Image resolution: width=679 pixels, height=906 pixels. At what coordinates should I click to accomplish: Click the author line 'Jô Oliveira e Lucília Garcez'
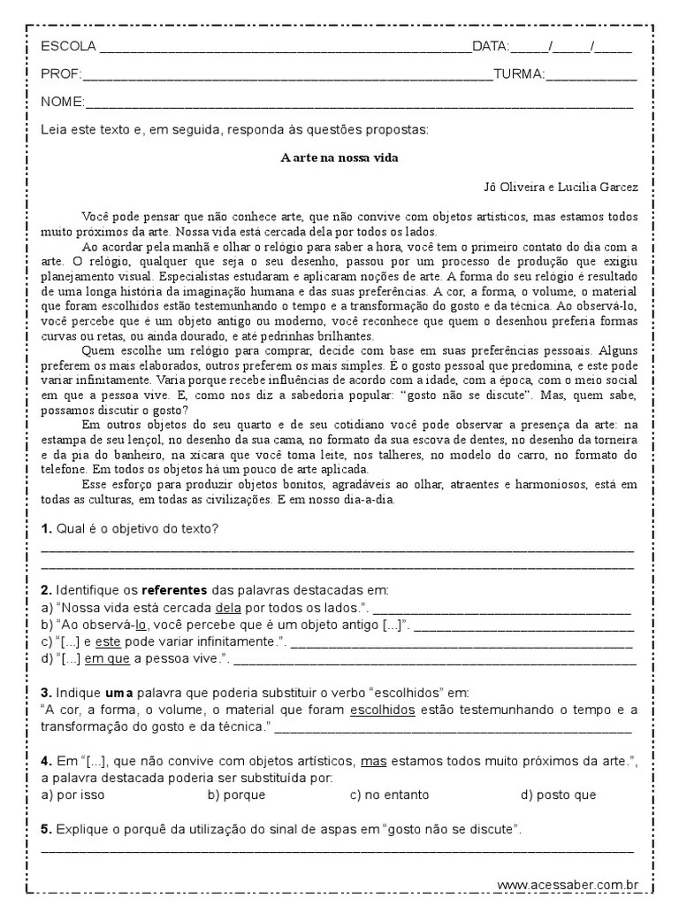(561, 187)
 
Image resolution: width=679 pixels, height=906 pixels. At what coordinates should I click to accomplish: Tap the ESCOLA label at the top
(68, 47)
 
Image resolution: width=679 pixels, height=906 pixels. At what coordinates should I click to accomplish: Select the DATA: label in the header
(491, 47)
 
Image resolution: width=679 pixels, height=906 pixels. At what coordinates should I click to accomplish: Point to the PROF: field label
(60, 74)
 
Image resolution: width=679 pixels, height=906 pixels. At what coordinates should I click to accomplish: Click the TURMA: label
(518, 74)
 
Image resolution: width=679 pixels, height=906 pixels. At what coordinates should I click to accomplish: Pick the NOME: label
(62, 102)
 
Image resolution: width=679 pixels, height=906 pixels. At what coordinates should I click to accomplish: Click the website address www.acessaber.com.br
(568, 884)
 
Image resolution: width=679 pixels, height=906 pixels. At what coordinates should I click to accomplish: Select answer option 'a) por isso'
(73, 795)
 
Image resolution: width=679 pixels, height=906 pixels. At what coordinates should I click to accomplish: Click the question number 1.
(46, 528)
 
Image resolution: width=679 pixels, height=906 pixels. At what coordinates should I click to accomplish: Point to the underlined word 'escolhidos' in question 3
(383, 710)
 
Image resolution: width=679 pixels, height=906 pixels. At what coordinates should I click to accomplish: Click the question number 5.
(46, 829)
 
